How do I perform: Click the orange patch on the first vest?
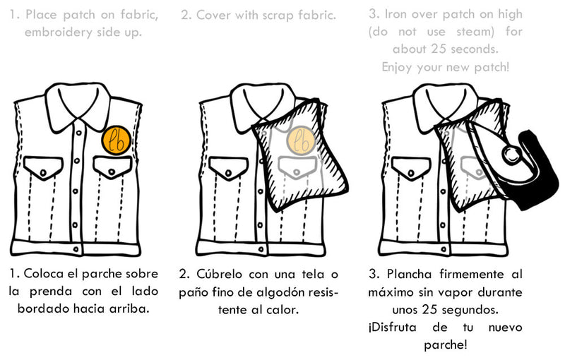pyautogui.click(x=116, y=140)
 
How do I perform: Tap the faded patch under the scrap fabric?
pyautogui.click(x=302, y=140)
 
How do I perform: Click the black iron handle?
pyautogui.click(x=537, y=170)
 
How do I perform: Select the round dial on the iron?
pyautogui.click(x=511, y=155)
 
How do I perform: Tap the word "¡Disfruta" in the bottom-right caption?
pyautogui.click(x=393, y=328)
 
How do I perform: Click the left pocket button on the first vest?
pyautogui.click(x=43, y=173)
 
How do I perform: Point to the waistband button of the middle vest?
pyautogui.click(x=261, y=249)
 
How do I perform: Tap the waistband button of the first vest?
pyautogui.click(x=76, y=249)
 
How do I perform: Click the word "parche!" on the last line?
pyautogui.click(x=446, y=345)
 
